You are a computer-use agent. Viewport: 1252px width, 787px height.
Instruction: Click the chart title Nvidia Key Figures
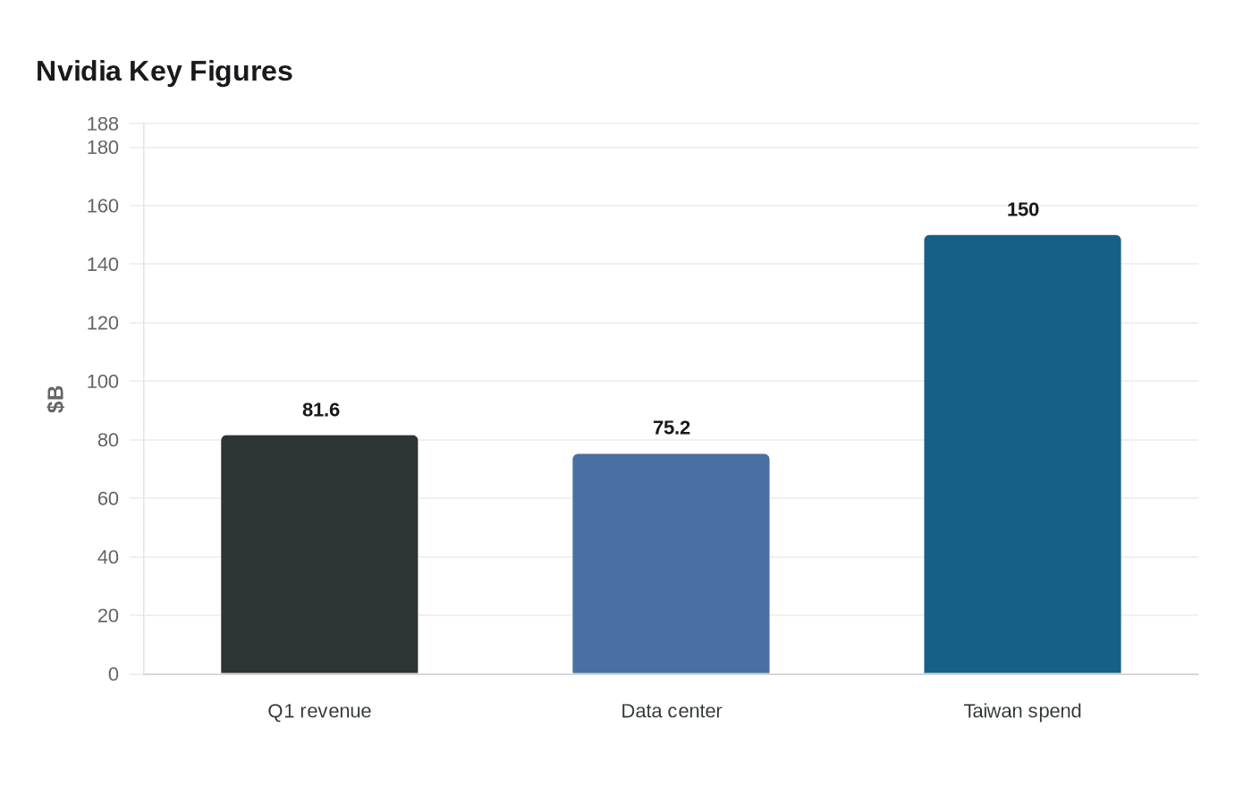165,72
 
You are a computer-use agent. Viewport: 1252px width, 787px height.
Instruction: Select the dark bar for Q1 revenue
319,554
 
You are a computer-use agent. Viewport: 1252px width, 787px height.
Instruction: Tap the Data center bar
671,563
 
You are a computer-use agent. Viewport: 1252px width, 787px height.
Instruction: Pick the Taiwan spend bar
1022,454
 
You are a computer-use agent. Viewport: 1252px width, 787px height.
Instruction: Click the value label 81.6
321,410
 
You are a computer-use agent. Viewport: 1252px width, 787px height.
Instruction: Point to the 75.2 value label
672,427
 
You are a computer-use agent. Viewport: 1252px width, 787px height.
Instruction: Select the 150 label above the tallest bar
1023,209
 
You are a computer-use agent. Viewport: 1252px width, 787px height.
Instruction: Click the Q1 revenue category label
319,711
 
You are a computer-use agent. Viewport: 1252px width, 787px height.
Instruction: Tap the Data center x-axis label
672,711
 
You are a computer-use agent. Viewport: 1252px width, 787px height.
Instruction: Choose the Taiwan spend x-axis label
1022,711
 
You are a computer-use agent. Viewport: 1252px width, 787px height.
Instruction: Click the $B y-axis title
55,399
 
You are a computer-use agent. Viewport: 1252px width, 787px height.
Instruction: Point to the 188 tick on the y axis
102,123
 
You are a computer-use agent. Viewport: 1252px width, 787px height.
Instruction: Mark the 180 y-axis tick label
102,148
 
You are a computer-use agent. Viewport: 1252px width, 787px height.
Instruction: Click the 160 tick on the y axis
102,207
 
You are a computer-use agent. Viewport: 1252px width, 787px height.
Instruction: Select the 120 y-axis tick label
102,323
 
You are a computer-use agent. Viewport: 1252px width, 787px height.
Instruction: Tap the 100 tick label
102,382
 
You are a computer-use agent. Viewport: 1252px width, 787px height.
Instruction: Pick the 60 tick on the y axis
108,499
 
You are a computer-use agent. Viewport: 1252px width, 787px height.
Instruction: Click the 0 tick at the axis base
114,674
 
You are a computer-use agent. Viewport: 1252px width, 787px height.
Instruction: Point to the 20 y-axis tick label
108,615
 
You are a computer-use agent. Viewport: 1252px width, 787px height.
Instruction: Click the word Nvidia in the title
79,72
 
